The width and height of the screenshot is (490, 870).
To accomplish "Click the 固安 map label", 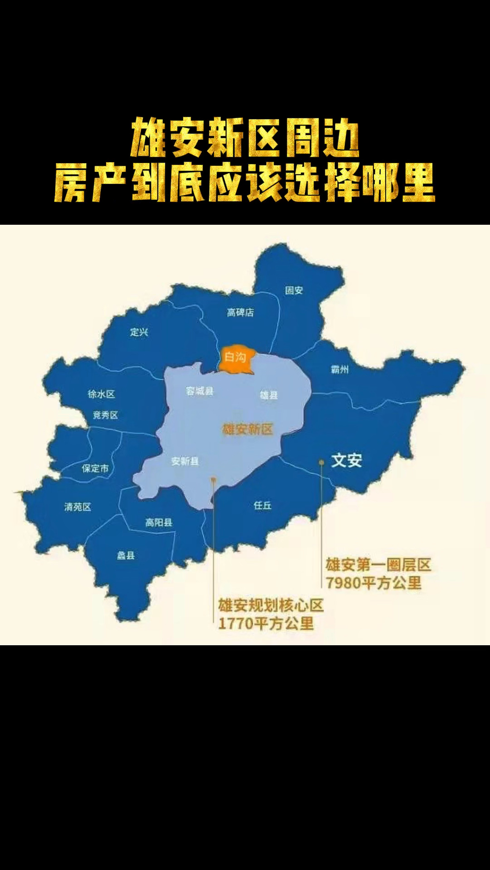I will (x=294, y=290).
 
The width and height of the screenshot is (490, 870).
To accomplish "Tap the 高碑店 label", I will (x=240, y=312).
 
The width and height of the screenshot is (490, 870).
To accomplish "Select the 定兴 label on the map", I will (x=139, y=332).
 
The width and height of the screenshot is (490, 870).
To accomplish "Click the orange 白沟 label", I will (x=235, y=357).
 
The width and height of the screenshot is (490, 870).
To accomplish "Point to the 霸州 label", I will (x=339, y=369).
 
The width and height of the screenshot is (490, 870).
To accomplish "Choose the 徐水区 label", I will (x=101, y=394).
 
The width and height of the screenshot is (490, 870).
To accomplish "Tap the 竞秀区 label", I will (x=105, y=415).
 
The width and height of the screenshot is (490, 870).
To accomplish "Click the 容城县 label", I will (x=199, y=391).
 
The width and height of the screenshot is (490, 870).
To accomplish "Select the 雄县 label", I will (x=269, y=395).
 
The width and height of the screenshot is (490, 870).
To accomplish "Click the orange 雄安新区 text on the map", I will (x=247, y=429).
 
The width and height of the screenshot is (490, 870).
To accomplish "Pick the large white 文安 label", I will (x=347, y=460).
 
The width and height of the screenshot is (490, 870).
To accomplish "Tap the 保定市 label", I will (x=95, y=468).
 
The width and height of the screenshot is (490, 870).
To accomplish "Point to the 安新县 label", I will (x=185, y=461).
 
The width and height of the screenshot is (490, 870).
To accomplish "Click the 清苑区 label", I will (x=78, y=507).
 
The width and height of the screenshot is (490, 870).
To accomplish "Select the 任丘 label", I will (x=262, y=505).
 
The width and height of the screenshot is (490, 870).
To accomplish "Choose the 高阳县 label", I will (x=158, y=522).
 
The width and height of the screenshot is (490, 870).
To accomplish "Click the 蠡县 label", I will (x=126, y=556).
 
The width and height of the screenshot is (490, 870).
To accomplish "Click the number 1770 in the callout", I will (x=235, y=624).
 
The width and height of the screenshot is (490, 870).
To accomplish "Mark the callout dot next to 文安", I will (x=321, y=462).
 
